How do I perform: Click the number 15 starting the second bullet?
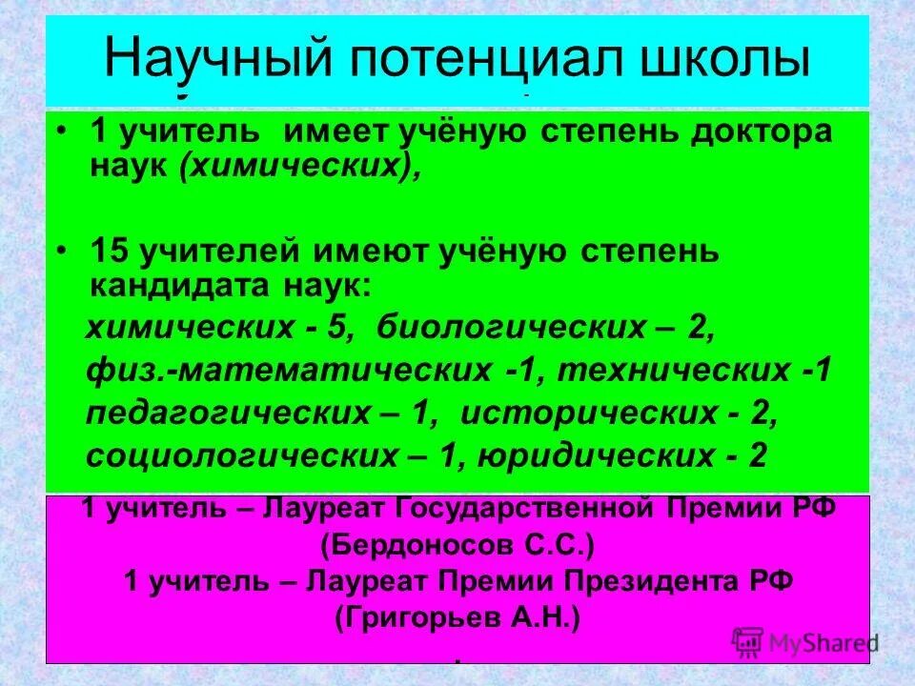pos(110,252)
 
